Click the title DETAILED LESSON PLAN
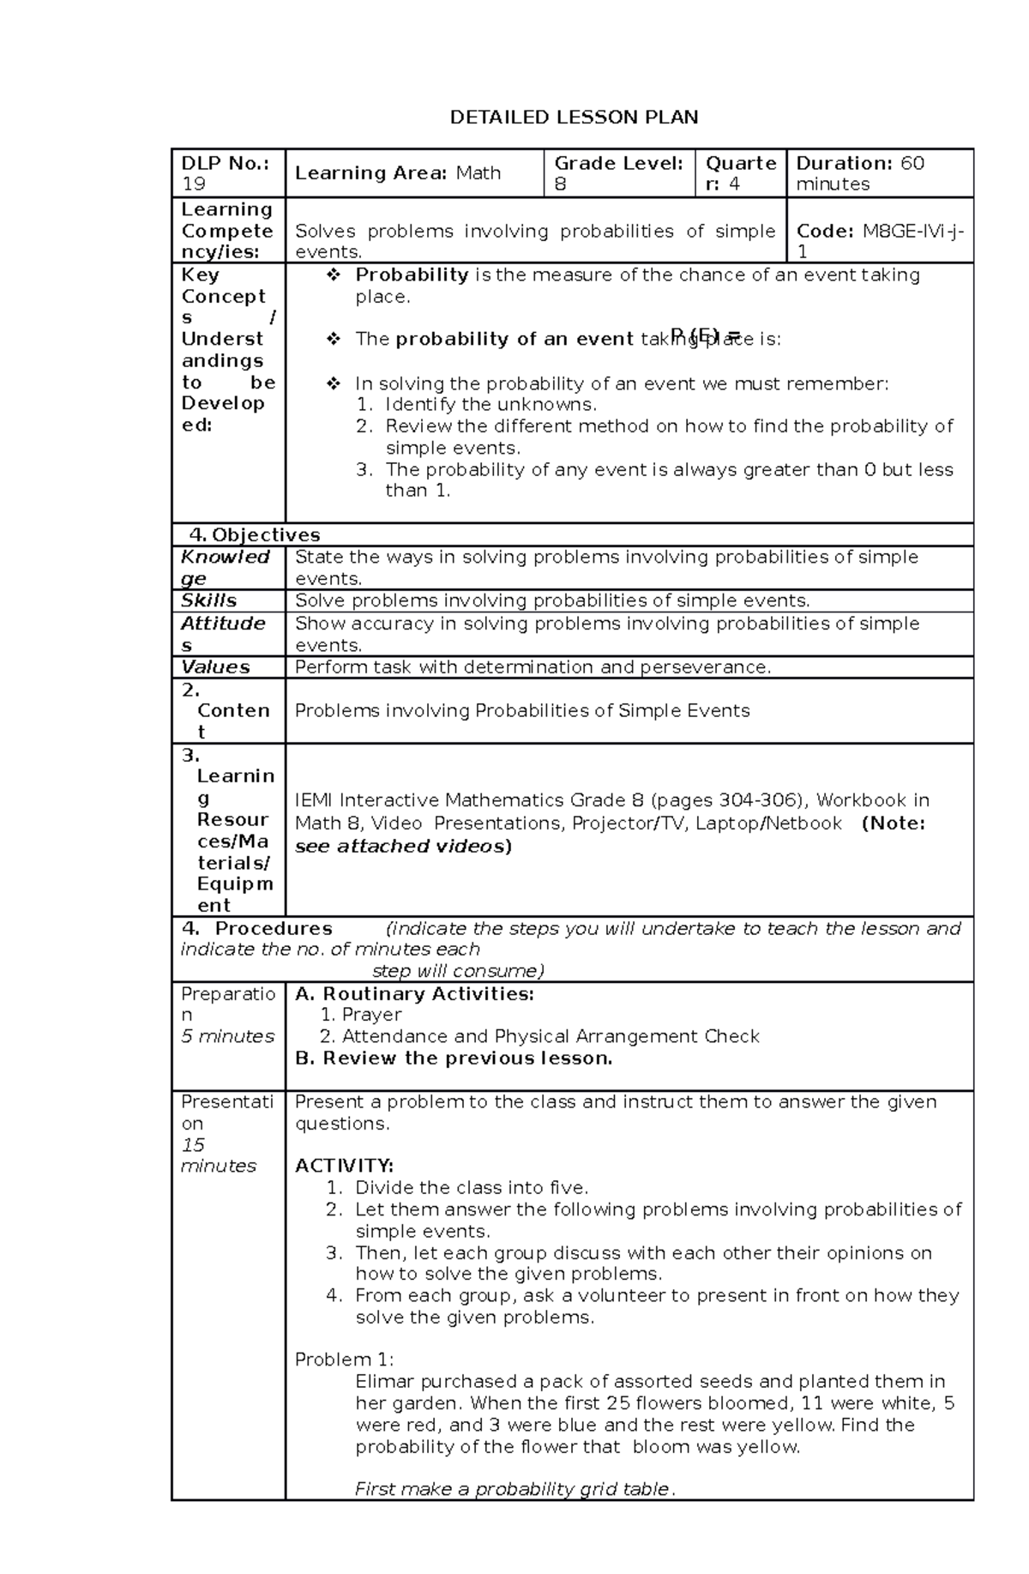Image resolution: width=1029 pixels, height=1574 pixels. click(x=574, y=118)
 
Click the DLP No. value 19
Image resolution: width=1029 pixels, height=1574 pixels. click(x=194, y=184)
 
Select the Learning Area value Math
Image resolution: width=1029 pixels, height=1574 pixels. click(x=478, y=173)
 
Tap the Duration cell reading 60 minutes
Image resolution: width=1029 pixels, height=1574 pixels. click(x=860, y=173)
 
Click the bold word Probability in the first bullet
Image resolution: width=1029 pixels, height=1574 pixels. click(x=412, y=275)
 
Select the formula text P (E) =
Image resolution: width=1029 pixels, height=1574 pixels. click(x=705, y=335)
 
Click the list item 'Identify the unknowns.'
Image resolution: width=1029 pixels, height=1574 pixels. click(x=490, y=405)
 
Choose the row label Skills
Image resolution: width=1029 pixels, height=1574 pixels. click(x=208, y=600)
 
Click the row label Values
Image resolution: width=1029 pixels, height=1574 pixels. click(x=215, y=667)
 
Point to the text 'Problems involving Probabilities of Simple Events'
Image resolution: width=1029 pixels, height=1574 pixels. click(x=522, y=711)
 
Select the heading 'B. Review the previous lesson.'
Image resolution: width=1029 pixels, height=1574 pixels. click(x=454, y=1058)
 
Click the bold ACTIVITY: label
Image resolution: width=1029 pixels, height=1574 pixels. click(x=344, y=1166)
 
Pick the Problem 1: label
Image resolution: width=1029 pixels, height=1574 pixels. click(x=344, y=1360)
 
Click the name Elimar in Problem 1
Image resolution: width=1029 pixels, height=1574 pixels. click(x=383, y=1382)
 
